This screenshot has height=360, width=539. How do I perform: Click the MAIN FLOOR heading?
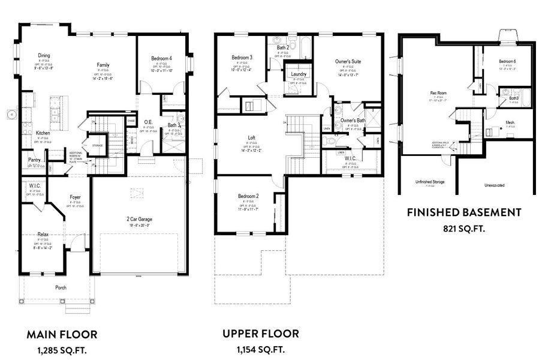62,334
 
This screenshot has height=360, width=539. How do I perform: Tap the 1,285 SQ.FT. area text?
62,349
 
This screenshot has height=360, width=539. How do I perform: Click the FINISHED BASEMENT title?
463,212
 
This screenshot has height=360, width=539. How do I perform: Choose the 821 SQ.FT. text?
463,228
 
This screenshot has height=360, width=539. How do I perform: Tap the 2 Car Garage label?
138,220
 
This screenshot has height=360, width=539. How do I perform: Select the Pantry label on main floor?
34,160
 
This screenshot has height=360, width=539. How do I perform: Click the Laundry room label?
299,74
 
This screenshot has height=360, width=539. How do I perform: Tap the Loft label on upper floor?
252,138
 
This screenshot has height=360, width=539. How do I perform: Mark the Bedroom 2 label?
248,197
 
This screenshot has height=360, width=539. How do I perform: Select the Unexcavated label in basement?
496,185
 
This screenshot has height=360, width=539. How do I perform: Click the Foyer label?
75,197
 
